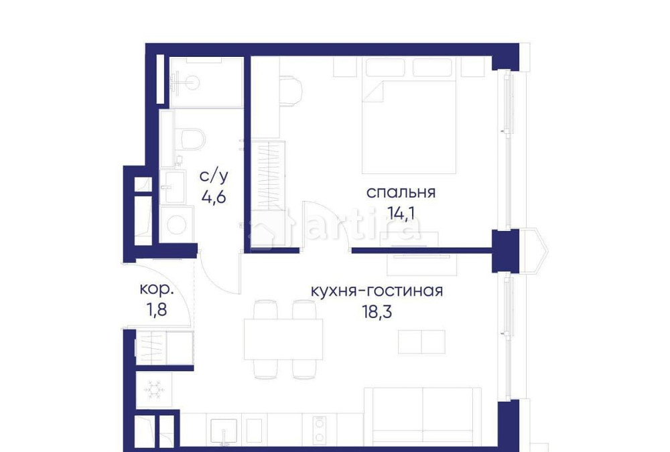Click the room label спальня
401,193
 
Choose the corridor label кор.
157,290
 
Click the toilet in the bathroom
190,141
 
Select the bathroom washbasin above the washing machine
176,186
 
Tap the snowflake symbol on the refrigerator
155,388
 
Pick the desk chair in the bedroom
291,90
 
